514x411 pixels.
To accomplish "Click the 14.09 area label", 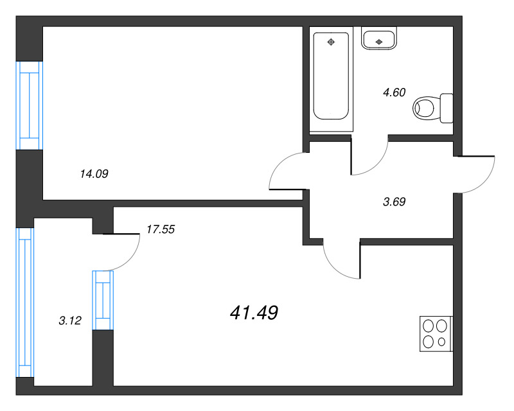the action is [94, 173].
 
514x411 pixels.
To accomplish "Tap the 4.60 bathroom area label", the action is [394, 92].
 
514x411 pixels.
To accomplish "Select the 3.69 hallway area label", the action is [394, 202].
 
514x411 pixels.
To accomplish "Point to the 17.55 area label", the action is [161, 229].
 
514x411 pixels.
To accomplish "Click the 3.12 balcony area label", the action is [70, 320].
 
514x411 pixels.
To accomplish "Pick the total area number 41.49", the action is [254, 312].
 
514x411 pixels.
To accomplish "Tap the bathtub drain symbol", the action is [331, 42].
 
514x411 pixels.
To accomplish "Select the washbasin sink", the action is [379, 39].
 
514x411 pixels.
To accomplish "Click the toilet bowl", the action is [425, 108].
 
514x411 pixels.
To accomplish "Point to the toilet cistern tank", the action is [447, 108].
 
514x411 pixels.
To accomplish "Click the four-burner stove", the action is [436, 334].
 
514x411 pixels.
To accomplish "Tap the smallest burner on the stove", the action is [441, 342].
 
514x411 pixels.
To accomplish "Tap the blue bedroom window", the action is [30, 105].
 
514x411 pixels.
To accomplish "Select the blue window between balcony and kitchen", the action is [103, 300].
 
